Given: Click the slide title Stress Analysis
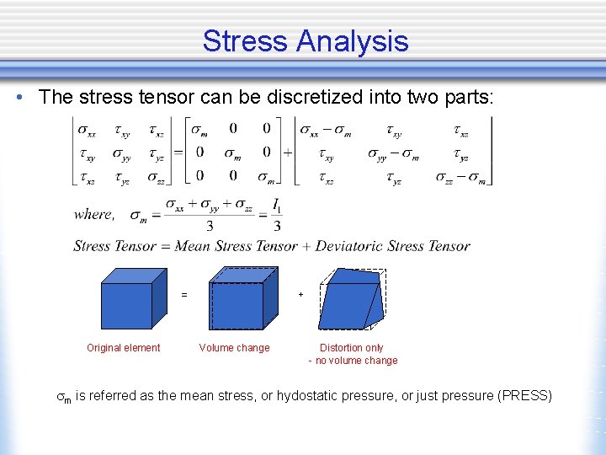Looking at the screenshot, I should (305, 40).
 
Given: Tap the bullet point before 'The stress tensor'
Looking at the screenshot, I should (18, 97).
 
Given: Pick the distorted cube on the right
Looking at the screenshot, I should (352, 299).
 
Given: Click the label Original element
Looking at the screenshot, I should (124, 348).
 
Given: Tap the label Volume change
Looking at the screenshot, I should (234, 348).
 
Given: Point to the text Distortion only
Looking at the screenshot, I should (352, 348).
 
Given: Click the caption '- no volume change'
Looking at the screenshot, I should (353, 361).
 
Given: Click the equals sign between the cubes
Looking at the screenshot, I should (184, 295).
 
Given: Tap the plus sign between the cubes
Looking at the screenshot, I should (300, 295).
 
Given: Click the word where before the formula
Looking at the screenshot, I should (93, 215).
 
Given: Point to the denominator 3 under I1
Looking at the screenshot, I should (275, 226).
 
